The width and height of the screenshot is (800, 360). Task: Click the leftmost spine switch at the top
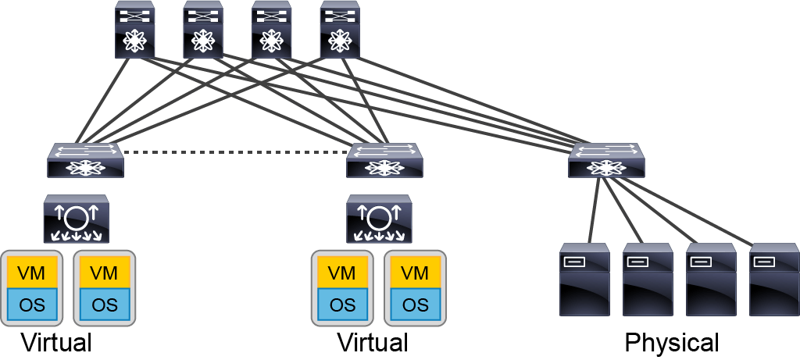tap(134, 30)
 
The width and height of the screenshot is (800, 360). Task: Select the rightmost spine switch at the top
tap(340, 30)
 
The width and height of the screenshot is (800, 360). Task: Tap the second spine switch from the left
tap(203, 30)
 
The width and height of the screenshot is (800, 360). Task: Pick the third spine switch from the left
tap(271, 30)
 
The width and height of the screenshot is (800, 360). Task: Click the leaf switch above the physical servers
tap(606, 160)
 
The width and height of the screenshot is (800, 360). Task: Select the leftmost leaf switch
tap(85, 160)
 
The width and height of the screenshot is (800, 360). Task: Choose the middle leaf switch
tap(384, 160)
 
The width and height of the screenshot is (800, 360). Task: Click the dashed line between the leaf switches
tap(234, 152)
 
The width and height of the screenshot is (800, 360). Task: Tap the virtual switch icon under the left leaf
tap(77, 219)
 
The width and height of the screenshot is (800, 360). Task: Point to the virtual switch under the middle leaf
tap(379, 219)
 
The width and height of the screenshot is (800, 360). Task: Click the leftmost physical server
tap(584, 280)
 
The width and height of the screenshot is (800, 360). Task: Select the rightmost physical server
tap(774, 280)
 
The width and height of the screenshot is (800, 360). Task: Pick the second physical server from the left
tap(648, 280)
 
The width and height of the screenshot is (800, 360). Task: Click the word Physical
tap(672, 343)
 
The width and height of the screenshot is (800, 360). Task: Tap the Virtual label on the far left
tap(56, 342)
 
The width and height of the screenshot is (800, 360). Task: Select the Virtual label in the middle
tap(373, 342)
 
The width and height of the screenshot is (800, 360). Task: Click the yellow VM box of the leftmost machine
tap(31, 273)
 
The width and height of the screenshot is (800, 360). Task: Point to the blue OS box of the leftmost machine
tap(31, 305)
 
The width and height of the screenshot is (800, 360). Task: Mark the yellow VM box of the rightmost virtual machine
tap(415, 273)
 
